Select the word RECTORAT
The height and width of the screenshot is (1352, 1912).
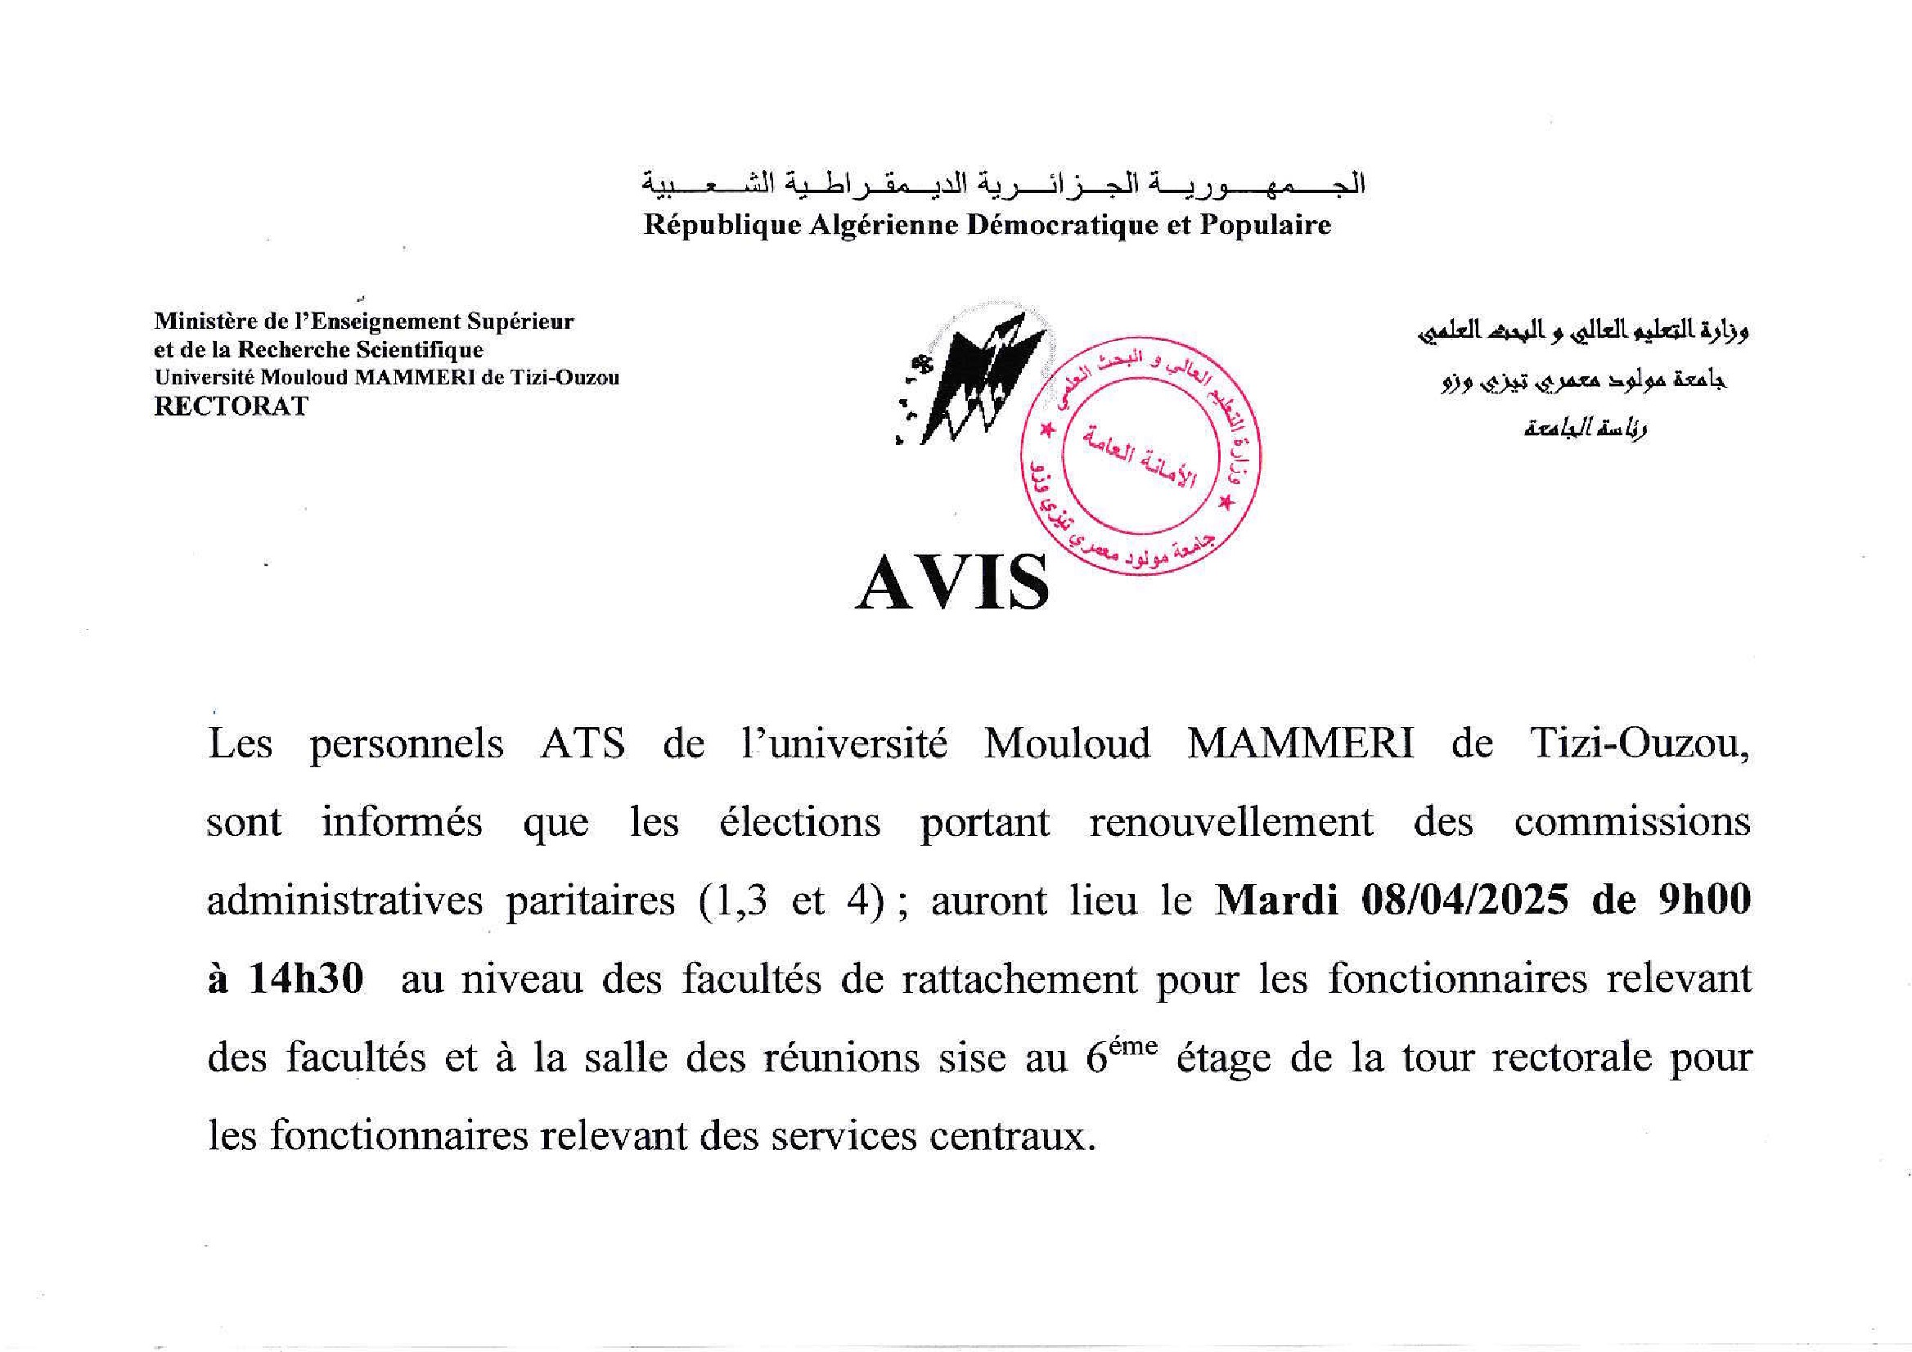pos(231,406)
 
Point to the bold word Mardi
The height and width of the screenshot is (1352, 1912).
pos(1276,900)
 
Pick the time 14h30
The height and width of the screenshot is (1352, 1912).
pos(306,979)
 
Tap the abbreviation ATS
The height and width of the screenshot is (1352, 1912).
pos(583,743)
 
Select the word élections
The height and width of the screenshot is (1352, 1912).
pos(799,823)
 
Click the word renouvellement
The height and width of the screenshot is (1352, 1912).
pos(1230,823)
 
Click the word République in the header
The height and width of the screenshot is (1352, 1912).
pos(722,226)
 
